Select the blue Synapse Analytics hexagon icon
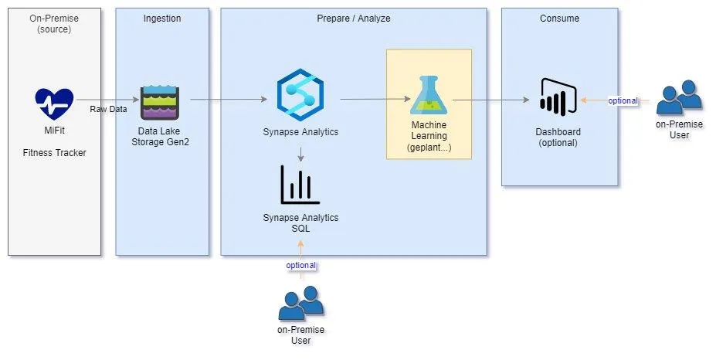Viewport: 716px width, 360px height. [x=300, y=94]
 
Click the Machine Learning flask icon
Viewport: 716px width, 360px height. [x=429, y=97]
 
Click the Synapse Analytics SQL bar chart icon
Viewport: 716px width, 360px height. [x=300, y=185]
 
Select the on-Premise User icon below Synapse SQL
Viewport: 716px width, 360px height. [x=300, y=304]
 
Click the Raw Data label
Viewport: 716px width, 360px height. [x=108, y=109]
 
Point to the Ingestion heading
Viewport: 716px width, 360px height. [x=162, y=18]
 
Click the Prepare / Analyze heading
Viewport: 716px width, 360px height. [x=354, y=18]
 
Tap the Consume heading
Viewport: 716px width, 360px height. [x=559, y=18]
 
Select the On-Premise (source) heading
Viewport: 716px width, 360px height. [x=54, y=23]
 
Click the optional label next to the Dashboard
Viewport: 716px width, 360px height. [x=623, y=100]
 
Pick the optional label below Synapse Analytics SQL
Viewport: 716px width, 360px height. [x=301, y=265]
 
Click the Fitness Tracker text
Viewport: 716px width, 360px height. [x=54, y=152]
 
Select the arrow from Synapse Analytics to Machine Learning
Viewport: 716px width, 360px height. [x=375, y=99]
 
